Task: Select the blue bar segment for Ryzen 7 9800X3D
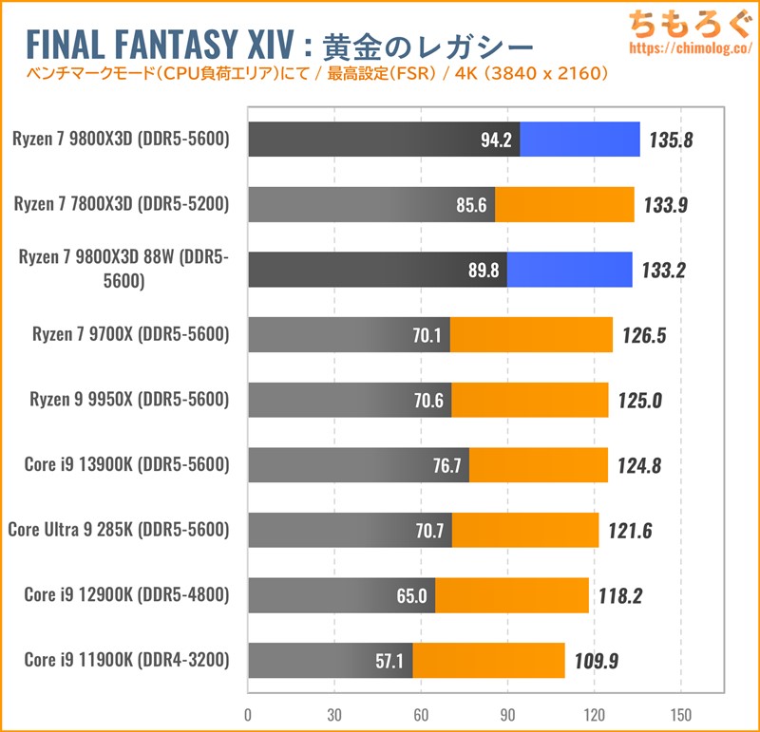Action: (579, 141)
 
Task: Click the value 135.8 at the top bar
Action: (671, 141)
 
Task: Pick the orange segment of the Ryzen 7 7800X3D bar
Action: (564, 204)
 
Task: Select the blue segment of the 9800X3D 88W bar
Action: (569, 269)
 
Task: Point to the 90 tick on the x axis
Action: (507, 713)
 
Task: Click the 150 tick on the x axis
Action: (680, 713)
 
